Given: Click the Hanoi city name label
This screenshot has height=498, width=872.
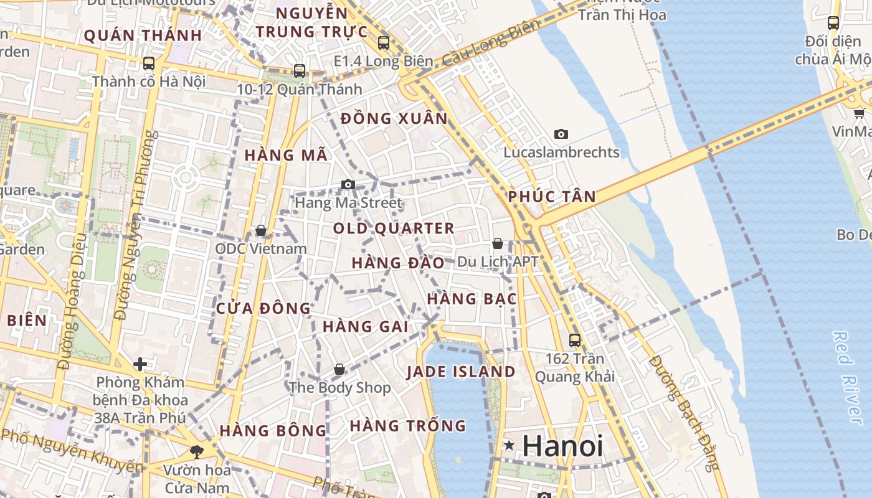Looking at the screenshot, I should pos(562,446).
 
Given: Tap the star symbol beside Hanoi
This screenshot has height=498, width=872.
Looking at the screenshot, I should pos(509,445).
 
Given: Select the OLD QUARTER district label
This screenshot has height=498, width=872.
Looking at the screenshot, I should pos(394,228).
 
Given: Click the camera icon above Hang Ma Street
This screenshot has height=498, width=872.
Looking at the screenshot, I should pos(348,184).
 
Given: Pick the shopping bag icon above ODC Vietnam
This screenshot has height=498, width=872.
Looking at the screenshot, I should pos(261,231).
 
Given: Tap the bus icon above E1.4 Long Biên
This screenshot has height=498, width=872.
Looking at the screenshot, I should pos(384,43).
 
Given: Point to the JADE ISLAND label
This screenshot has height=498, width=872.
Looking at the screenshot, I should pos(461,372).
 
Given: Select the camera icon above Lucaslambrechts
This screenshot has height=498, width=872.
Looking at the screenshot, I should pos(561,134).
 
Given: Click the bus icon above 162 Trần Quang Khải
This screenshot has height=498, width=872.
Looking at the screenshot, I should pos(575,341).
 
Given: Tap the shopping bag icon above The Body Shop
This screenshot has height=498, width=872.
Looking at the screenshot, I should pos(339,369).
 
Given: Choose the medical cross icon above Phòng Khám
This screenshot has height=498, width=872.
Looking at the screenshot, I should pos(140,364).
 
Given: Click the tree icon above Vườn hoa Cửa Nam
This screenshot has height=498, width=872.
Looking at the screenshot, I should pos(197,451).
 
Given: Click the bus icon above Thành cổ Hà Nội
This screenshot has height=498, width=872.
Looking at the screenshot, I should pos(149,63).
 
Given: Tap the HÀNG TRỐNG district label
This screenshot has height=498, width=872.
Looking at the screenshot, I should pos(408,426).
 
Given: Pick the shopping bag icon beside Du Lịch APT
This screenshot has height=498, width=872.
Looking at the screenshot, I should pos(498,243).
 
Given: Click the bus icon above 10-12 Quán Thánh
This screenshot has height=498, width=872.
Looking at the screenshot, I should pos(300,71).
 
